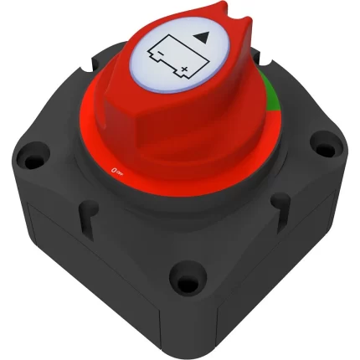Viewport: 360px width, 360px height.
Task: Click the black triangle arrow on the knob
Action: point(202,39)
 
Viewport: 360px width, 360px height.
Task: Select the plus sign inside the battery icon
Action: point(183,74)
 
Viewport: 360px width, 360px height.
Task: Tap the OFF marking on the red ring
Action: point(117,170)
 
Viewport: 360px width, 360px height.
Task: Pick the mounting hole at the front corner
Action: point(182,277)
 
